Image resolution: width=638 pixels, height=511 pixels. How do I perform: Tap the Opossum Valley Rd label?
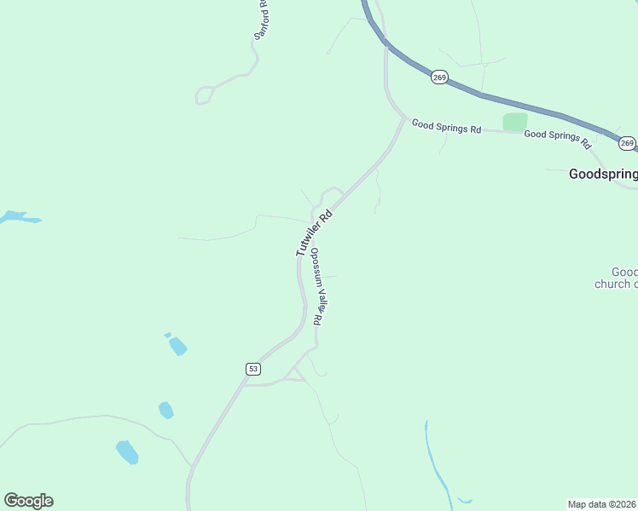point(317,286)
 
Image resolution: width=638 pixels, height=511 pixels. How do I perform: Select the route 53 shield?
point(252,369)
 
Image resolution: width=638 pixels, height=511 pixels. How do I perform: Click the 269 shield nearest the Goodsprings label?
point(627,143)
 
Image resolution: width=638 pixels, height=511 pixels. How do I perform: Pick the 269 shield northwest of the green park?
point(438,78)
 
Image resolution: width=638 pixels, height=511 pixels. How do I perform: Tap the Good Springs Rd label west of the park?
point(446,126)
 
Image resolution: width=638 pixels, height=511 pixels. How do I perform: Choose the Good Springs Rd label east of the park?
point(557,135)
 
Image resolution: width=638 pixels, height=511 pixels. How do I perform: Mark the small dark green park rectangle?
point(514,122)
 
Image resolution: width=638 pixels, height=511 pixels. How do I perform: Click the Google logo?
point(28,501)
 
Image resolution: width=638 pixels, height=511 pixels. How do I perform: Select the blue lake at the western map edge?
point(17,218)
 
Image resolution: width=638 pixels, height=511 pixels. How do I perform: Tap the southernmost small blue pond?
point(127,451)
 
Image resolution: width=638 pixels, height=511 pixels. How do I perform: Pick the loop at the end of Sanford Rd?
point(203,95)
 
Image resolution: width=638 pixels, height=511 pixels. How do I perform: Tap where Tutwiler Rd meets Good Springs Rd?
point(404,118)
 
